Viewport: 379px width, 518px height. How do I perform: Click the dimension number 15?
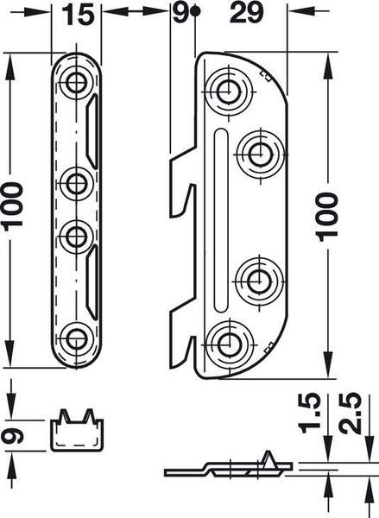tap(78, 15)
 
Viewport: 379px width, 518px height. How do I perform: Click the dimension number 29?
tap(247, 13)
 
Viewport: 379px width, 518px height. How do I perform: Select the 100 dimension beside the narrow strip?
tap(12, 206)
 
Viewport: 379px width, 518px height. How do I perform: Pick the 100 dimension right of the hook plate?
tap(327, 217)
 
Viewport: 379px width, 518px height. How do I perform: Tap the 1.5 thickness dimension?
tap(309, 413)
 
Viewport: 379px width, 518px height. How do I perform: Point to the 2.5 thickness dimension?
tap(351, 413)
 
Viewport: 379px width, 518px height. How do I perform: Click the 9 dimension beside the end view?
tap(12, 435)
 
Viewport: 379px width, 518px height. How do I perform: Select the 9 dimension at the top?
tap(180, 13)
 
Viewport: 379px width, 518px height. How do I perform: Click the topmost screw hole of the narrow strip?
tap(77, 82)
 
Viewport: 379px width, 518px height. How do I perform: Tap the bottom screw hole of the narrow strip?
tap(77, 338)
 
